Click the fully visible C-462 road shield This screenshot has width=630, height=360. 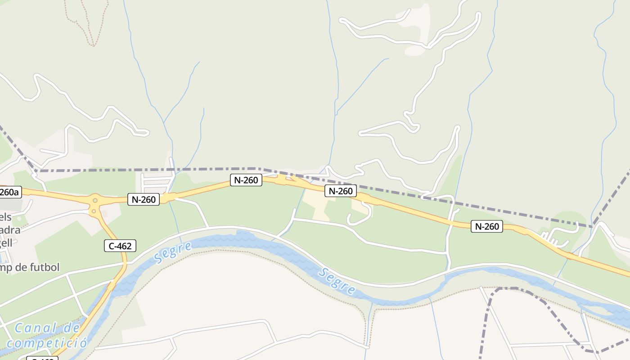(120, 246)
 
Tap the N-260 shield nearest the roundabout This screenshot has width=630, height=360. (144, 199)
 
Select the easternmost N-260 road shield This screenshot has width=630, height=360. (486, 226)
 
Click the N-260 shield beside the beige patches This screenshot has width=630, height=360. (340, 191)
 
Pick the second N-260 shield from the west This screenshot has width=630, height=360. (246, 180)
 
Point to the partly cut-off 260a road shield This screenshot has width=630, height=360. (9, 193)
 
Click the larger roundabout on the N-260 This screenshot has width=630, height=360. (95, 200)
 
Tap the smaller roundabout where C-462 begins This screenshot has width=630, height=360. (95, 210)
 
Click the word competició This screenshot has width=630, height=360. (47, 342)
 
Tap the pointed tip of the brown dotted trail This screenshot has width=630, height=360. (94, 45)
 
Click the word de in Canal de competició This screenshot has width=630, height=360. (71, 328)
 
